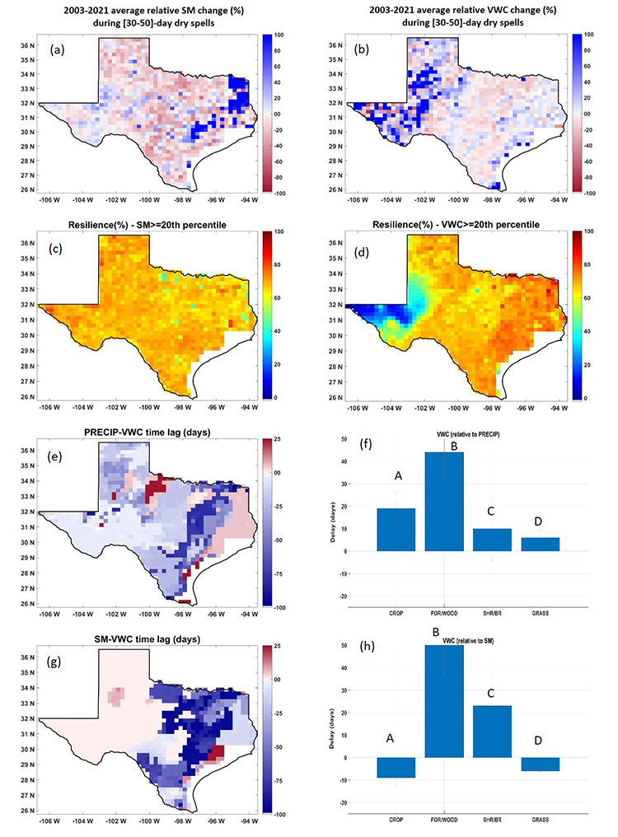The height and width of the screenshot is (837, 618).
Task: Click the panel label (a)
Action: point(57,49)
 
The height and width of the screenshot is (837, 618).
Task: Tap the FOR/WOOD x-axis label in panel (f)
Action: point(444,615)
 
